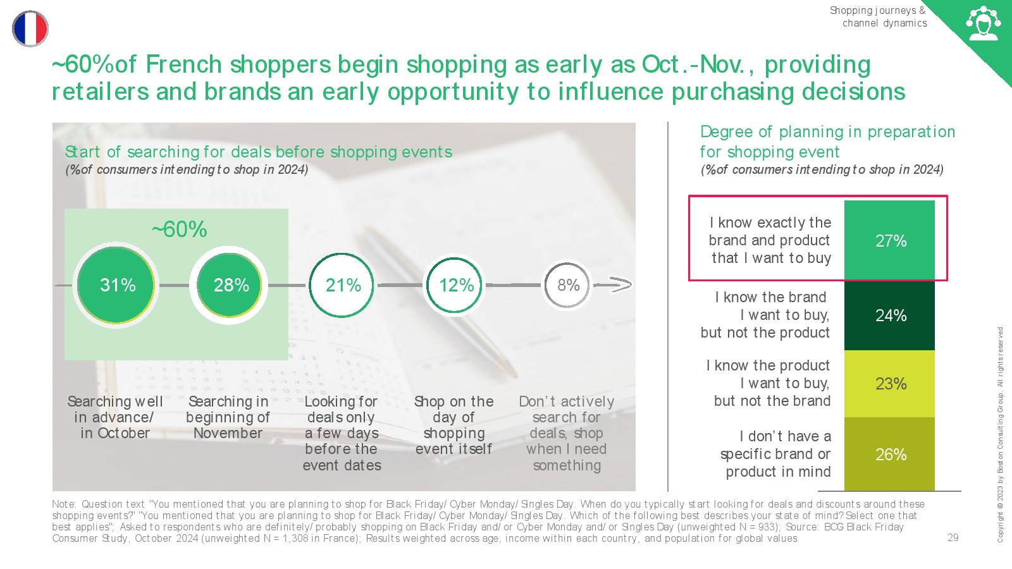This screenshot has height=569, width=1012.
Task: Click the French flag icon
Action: [x=30, y=28]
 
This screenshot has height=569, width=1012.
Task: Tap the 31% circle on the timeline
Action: [x=116, y=285]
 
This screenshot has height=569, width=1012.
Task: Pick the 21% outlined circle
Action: [x=342, y=285]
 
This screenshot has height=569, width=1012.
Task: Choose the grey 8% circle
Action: [x=567, y=285]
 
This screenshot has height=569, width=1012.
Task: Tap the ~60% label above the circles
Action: [x=180, y=229]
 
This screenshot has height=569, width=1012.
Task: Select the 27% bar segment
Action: [x=889, y=240]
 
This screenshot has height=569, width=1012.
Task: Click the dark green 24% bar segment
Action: [x=889, y=315]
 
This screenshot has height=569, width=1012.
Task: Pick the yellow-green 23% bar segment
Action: [x=889, y=384]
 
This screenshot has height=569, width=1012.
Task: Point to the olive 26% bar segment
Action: [x=889, y=454]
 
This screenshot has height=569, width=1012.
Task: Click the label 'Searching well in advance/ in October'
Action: [x=114, y=417]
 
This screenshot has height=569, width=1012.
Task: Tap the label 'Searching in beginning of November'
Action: [x=228, y=417]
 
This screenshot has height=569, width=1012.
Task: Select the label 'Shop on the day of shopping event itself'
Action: [x=454, y=425]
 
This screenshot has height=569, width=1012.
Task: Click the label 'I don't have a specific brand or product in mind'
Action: [x=775, y=454]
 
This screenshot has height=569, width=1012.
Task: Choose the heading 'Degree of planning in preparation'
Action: [x=828, y=132]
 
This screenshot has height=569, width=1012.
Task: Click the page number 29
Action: [x=953, y=537]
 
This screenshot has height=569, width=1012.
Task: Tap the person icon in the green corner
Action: [x=983, y=23]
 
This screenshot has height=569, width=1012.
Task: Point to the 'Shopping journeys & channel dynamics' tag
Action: [x=879, y=16]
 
